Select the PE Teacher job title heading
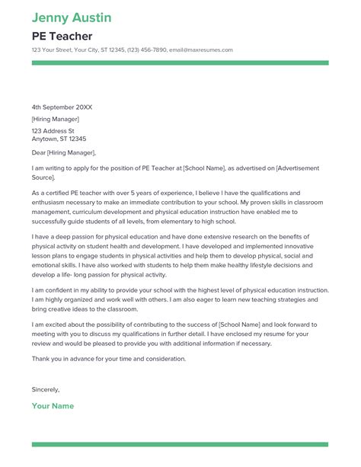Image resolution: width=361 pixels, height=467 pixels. pos(62,36)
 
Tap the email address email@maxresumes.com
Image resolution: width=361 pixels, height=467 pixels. pos(206,50)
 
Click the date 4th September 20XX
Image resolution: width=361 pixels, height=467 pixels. pos(62,107)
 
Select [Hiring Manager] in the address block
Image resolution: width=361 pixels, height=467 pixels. pos(54,119)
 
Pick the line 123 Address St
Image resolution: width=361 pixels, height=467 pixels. pos(53,130)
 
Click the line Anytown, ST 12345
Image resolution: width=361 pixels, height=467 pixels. pos(59,139)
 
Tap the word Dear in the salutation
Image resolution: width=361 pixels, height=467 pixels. pos(39,152)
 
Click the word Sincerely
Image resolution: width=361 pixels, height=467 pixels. pos(46,389)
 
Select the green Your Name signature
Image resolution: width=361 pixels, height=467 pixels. pos(53,406)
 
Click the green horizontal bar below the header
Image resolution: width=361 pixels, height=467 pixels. pos(180,63)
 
